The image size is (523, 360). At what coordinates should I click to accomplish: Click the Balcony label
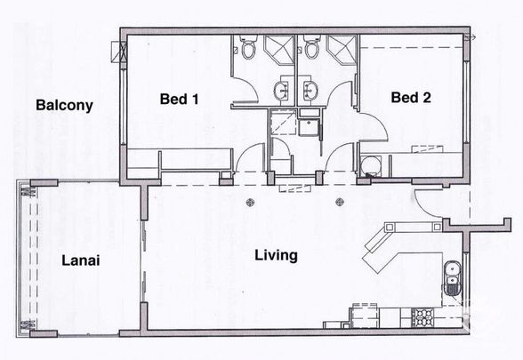click(64, 106)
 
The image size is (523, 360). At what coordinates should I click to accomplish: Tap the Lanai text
click(80, 261)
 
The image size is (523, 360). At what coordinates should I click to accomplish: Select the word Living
click(276, 256)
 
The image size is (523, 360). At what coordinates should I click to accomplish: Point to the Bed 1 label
click(179, 100)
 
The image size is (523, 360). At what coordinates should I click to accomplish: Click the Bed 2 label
click(412, 100)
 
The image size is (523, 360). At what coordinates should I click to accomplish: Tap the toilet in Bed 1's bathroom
click(248, 50)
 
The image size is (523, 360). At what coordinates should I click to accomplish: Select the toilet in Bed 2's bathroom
click(310, 50)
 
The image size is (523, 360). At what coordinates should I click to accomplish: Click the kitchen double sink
click(452, 278)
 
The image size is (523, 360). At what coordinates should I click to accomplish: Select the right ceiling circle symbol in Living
click(338, 201)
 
